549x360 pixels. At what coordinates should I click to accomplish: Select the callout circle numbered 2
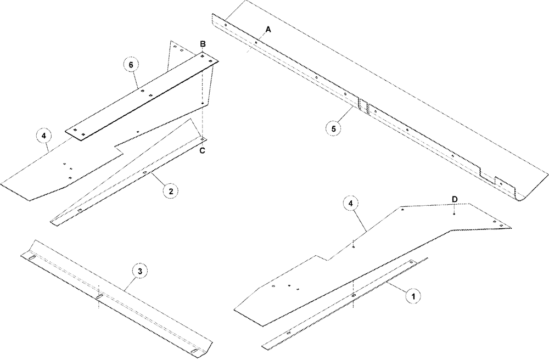tap(171, 191)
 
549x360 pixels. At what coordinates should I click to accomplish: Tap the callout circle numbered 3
tap(141, 271)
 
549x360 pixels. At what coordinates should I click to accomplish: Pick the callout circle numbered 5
tap(336, 128)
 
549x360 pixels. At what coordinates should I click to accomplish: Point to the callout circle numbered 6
tap(130, 65)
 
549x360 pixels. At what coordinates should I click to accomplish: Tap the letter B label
tap(203, 44)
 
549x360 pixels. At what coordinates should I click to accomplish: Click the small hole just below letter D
tap(455, 214)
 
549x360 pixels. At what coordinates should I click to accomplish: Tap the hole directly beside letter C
tap(203, 139)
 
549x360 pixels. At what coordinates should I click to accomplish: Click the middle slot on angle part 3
tap(99, 297)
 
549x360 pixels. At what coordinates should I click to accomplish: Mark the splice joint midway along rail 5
tap(363, 105)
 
